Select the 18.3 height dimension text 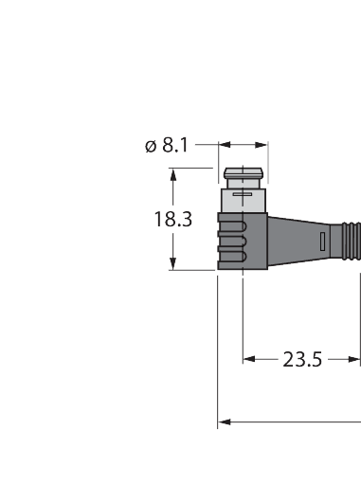[172, 219]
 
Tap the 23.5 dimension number [302, 359]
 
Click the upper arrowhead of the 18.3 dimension [173, 173]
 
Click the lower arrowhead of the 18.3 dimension [173, 265]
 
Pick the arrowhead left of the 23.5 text [250, 359]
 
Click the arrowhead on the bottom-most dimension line [224, 422]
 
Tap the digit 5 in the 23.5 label [316, 359]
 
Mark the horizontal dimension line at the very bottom [294, 422]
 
